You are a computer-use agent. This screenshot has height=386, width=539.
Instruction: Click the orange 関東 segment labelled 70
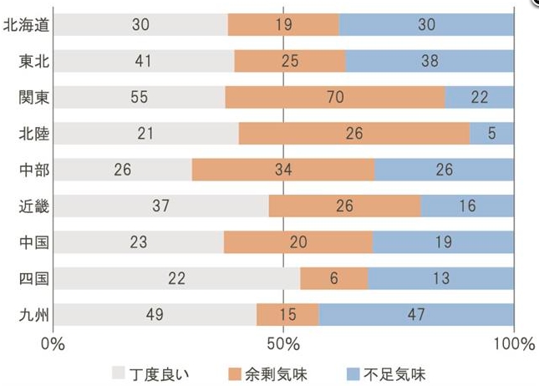click(x=334, y=98)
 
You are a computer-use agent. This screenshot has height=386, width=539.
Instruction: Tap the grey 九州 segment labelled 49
click(x=155, y=315)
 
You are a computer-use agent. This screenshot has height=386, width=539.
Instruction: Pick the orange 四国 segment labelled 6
click(x=334, y=278)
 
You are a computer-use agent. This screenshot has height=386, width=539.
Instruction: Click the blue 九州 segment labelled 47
click(x=416, y=315)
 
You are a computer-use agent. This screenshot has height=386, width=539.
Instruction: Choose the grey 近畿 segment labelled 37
click(x=160, y=206)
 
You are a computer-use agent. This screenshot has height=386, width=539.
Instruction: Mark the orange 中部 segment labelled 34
click(x=283, y=170)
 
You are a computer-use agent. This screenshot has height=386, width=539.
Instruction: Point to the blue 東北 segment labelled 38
click(x=430, y=61)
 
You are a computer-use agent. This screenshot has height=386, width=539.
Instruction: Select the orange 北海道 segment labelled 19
click(x=283, y=25)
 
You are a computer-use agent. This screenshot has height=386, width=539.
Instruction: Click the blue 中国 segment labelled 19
click(x=443, y=242)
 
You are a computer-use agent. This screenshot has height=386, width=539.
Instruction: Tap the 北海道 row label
click(x=26, y=25)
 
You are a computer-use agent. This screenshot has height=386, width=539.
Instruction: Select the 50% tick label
click(x=283, y=344)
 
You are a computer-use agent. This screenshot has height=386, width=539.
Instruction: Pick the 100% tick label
click(x=513, y=344)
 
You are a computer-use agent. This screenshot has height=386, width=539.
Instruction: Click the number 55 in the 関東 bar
click(x=140, y=98)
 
